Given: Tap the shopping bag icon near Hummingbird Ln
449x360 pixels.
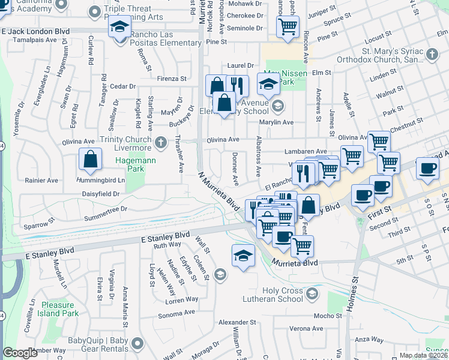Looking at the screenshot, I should click(x=90, y=160).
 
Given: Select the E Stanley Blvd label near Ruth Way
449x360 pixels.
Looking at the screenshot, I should click(x=164, y=236).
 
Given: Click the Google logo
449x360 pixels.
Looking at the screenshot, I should click(x=20, y=353).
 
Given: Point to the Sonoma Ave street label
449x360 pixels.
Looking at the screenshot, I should click(x=176, y=313).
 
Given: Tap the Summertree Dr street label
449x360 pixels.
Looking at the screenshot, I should click(x=106, y=209).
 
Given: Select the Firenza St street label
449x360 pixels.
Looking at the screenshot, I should click(x=172, y=79).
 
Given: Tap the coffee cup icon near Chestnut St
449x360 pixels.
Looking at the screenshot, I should click(x=427, y=170).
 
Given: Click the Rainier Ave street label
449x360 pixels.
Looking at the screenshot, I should click(x=41, y=180).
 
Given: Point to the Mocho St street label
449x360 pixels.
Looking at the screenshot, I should click(x=327, y=316).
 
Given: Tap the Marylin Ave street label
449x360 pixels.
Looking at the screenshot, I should click(x=276, y=122).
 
